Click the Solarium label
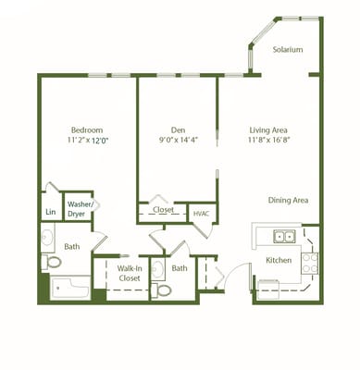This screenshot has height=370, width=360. (288, 50)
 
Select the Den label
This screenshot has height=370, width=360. (180, 129)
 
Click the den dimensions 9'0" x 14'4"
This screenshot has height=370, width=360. (180, 142)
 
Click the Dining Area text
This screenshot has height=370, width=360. (288, 200)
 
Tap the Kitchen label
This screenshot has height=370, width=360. (279, 261)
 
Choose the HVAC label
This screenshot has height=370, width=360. (202, 214)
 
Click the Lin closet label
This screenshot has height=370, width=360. (50, 212)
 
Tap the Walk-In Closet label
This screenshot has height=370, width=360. (129, 273)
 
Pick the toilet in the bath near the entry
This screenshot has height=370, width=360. (163, 290)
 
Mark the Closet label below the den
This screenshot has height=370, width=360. (163, 210)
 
